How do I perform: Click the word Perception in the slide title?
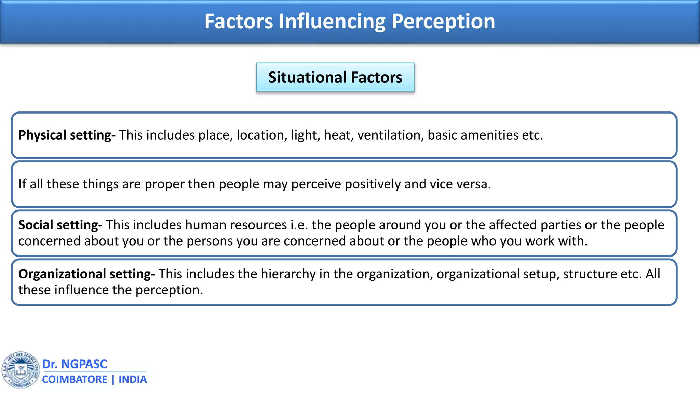443,21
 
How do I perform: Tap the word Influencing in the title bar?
332,21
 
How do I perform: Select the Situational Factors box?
335,77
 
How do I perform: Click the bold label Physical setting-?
67,135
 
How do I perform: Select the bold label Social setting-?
60,225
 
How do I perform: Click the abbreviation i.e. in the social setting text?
299,225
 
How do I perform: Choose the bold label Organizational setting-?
86,274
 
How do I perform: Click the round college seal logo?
21,370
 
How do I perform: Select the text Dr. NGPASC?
75,364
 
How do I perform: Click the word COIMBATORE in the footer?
75,380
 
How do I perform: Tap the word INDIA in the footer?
133,380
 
